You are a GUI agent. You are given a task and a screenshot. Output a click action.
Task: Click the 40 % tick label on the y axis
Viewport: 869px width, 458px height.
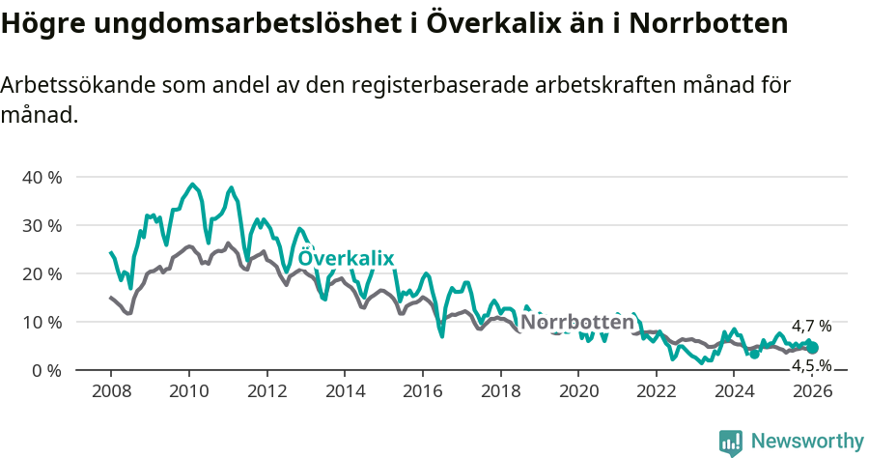click(x=41, y=177)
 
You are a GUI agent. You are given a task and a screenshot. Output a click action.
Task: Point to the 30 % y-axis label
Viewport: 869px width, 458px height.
click(x=41, y=225)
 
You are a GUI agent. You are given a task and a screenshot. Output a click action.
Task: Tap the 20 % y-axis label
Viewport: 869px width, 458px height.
click(x=41, y=273)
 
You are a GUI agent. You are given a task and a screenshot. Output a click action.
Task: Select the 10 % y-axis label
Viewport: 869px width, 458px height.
click(x=41, y=322)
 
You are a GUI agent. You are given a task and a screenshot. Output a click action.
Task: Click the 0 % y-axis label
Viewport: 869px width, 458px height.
click(x=45, y=370)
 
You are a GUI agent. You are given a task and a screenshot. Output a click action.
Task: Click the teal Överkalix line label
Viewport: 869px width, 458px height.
click(x=346, y=258)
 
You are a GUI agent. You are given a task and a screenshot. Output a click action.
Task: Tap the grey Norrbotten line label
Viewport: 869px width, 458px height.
click(x=577, y=321)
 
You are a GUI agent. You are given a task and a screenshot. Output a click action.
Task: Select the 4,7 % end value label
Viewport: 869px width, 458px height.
click(x=811, y=327)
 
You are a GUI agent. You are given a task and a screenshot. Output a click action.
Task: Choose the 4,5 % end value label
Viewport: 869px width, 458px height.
click(x=811, y=365)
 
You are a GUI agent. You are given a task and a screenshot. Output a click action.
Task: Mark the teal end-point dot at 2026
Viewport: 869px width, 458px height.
click(x=812, y=348)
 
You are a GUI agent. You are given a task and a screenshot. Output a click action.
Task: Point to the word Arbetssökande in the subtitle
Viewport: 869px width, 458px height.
click(x=76, y=85)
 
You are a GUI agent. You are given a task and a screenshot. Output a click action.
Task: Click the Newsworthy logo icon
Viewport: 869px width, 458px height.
click(x=731, y=442)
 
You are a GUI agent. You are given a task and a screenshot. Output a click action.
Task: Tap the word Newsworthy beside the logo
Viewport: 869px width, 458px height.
click(x=807, y=441)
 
